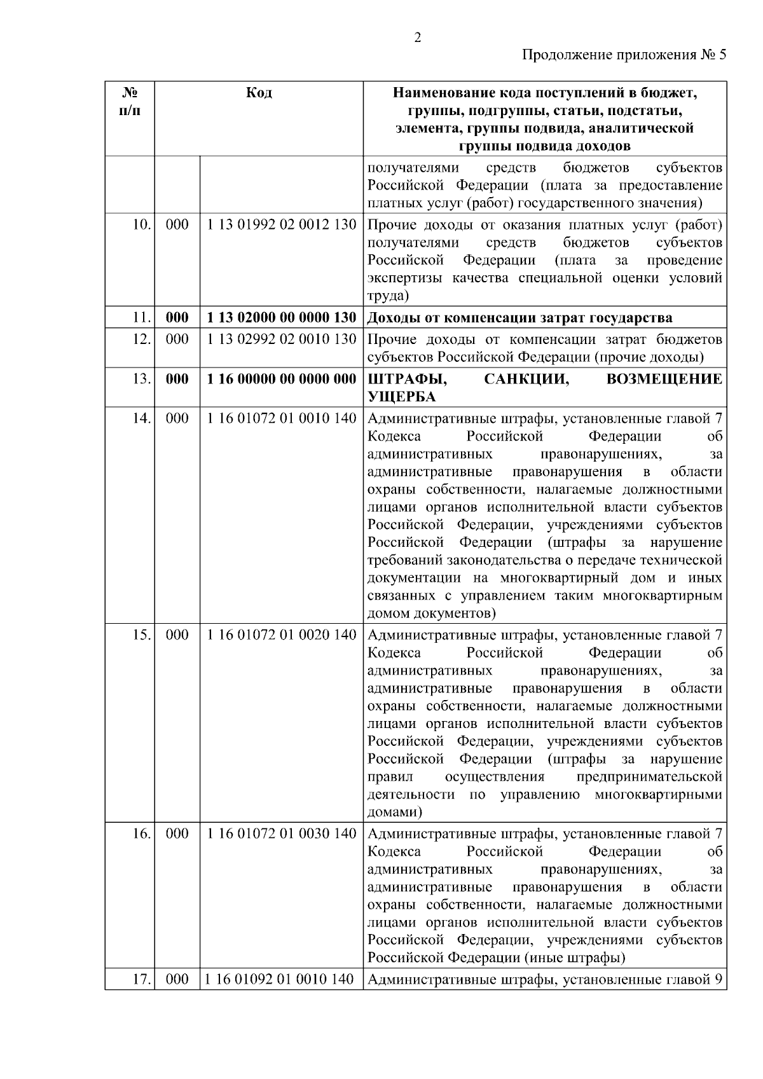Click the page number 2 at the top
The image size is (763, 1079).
(417, 38)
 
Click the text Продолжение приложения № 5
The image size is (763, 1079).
(624, 55)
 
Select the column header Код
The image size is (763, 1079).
(259, 93)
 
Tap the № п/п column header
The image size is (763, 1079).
(130, 102)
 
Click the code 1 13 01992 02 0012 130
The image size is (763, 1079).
(282, 225)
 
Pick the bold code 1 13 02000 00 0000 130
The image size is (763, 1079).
(282, 318)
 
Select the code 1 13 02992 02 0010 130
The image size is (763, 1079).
(282, 340)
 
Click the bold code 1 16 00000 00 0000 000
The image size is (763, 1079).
(282, 380)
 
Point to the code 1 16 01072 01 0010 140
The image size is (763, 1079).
(282, 418)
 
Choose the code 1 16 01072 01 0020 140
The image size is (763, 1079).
(282, 635)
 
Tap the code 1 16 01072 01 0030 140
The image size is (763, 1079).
(282, 834)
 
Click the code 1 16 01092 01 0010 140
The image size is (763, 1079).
(280, 980)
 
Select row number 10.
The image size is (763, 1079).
(142, 225)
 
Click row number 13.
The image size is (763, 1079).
(142, 380)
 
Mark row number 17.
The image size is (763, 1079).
(142, 980)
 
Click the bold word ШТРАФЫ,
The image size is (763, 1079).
(407, 380)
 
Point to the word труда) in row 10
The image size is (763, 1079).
(388, 296)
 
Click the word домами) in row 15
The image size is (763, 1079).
(395, 813)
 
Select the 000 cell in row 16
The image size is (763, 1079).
(177, 834)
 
